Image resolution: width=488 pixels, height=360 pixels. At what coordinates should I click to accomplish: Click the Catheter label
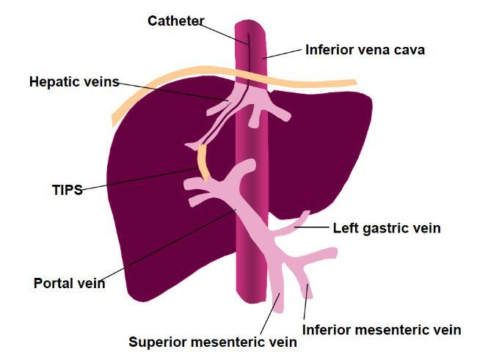[x=176, y=21]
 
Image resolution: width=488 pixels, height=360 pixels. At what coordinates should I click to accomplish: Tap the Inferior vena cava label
[x=365, y=50]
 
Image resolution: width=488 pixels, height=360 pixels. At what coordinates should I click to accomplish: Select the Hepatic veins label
[x=74, y=82]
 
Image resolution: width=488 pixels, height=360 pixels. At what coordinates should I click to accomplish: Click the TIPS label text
[x=68, y=190]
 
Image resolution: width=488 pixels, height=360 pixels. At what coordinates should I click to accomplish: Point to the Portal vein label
[x=69, y=283]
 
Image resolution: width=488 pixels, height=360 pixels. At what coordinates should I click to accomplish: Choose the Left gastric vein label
[x=387, y=228]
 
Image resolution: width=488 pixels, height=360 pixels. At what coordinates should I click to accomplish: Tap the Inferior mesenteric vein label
[x=382, y=329]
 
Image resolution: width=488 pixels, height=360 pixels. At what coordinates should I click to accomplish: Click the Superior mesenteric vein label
[x=213, y=342]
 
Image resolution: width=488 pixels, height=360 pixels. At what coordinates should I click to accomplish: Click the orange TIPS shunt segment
[x=203, y=164]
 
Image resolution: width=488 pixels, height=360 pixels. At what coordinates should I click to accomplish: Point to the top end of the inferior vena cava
[x=250, y=22]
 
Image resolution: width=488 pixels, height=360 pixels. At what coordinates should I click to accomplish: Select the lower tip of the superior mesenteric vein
[x=279, y=310]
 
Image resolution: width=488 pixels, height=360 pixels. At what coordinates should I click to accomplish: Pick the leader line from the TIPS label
[x=139, y=179]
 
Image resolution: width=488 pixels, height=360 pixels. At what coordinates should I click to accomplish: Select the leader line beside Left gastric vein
[x=312, y=227]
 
